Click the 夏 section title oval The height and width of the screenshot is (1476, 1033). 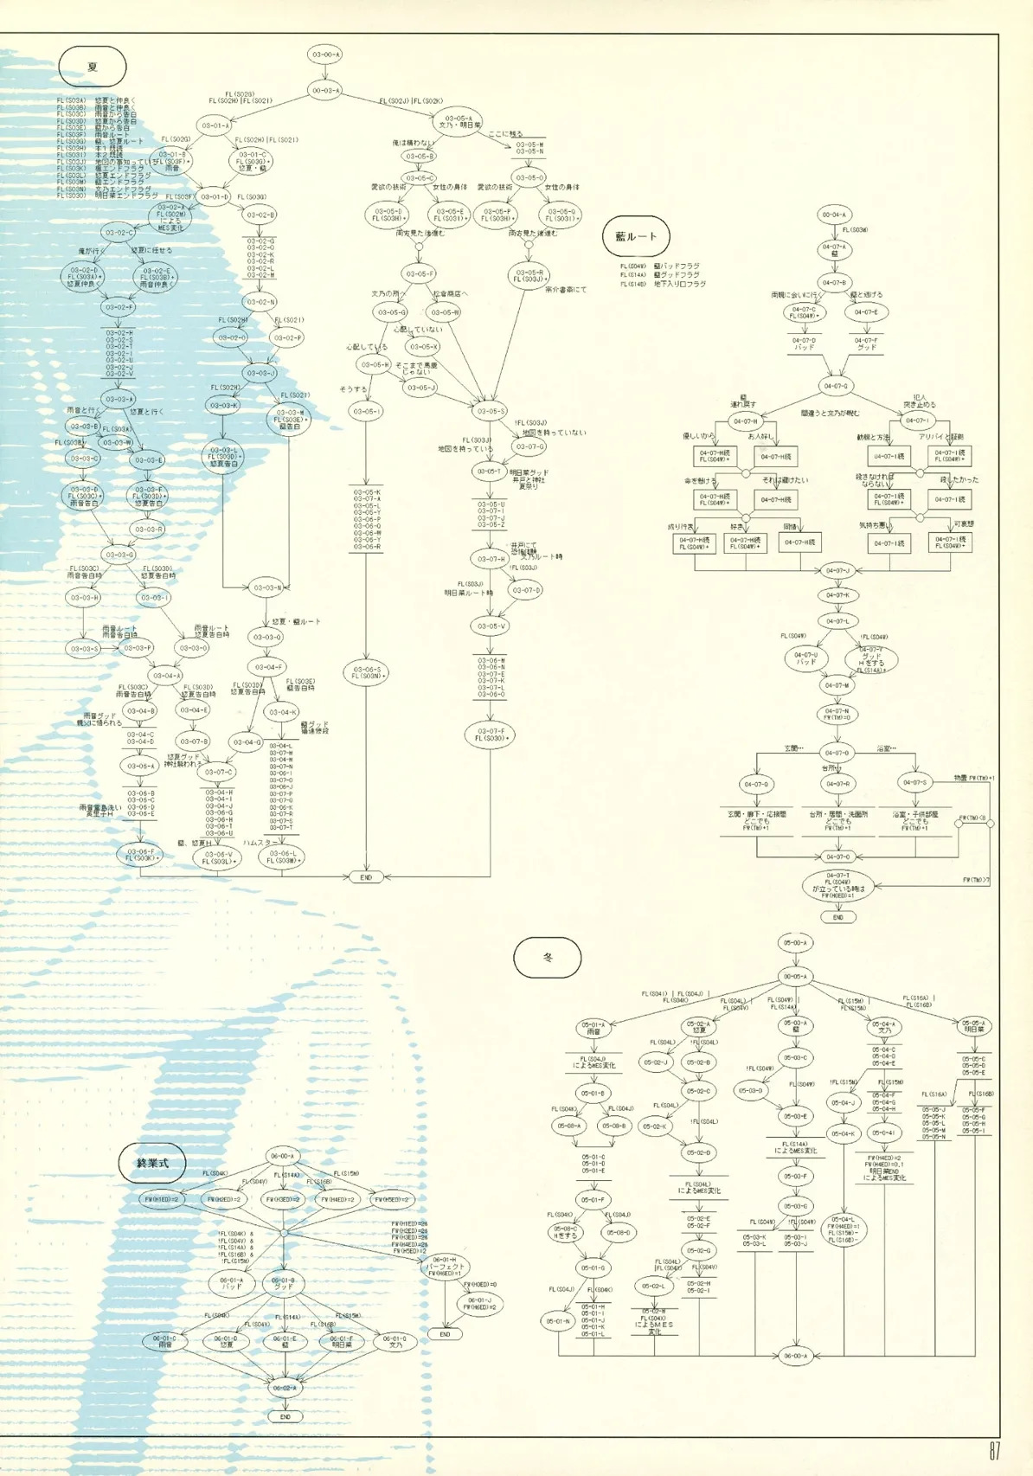pos(93,67)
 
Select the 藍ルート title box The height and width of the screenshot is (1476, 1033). pos(636,235)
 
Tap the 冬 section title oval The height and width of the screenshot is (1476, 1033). pos(547,958)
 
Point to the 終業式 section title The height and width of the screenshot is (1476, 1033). pos(152,1163)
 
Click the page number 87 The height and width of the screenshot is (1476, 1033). pos(994,1451)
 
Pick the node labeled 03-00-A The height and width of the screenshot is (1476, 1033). pos(325,55)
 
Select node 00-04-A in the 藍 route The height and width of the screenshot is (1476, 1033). pos(834,215)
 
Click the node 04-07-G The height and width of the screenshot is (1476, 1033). pos(836,386)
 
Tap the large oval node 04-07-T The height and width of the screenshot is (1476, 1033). pos(837,886)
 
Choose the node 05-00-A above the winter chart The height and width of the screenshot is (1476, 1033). pos(795,942)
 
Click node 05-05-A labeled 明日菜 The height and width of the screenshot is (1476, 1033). pos(974,1026)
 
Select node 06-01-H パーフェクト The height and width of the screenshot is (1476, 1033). pos(445,1266)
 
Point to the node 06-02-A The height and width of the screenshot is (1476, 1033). pos(285,1388)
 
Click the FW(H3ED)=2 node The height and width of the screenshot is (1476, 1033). pos(283,1199)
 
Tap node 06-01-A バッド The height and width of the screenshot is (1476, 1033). pos(232,1283)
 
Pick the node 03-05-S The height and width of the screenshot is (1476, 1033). pos(491,412)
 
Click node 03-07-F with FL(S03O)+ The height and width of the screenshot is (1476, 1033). pos(491,735)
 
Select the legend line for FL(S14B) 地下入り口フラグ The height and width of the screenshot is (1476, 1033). pos(664,284)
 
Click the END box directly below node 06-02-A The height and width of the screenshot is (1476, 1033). pos(285,1416)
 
